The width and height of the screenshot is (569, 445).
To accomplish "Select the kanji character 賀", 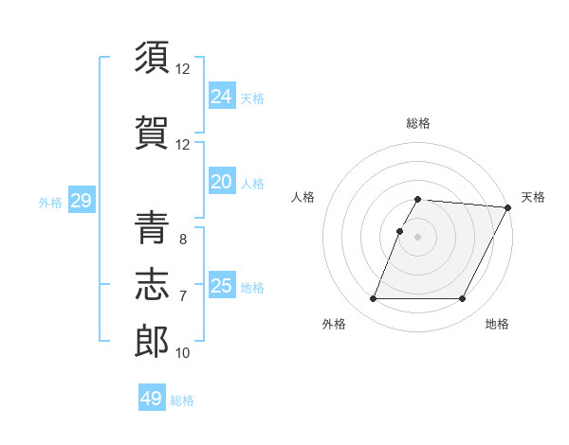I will (152, 133).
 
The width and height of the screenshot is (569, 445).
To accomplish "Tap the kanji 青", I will (152, 227).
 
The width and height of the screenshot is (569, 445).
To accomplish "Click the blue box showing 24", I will (221, 97).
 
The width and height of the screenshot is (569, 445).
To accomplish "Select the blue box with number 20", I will (221, 182).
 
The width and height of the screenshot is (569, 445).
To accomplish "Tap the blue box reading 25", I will (221, 286).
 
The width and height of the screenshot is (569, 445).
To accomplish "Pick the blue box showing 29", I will (81, 201).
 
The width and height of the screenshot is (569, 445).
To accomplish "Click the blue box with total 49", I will (152, 399).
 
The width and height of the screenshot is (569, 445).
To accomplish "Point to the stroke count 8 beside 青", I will (182, 240).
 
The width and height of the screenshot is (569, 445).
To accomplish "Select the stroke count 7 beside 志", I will (182, 296).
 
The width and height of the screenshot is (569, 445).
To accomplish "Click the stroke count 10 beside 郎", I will (183, 353).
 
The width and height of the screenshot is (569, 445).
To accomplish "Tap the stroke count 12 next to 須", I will (183, 69).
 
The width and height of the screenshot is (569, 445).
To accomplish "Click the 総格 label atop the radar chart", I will (418, 124).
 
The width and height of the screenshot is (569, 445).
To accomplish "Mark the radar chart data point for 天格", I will (508, 207).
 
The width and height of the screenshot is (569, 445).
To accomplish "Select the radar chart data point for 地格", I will (462, 299).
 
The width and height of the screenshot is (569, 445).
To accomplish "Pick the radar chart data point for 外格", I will (374, 299).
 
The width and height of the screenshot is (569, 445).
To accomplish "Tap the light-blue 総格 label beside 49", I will (182, 400).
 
